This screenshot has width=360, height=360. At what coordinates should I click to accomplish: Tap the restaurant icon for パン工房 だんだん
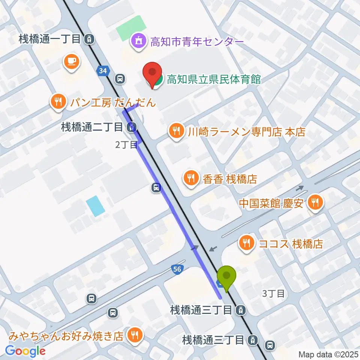tap(58, 101)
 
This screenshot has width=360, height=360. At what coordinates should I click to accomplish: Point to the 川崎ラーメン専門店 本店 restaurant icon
tap(175, 131)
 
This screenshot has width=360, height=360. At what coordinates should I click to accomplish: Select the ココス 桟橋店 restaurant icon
tap(246, 243)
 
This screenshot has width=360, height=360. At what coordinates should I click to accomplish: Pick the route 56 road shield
tap(177, 268)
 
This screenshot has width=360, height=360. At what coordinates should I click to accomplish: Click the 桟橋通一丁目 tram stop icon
tap(89, 38)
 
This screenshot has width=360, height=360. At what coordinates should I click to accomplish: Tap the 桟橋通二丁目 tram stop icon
tap(131, 127)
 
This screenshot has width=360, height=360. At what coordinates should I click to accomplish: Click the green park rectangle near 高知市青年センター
tap(130, 28)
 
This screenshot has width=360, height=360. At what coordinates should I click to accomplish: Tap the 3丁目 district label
tap(273, 294)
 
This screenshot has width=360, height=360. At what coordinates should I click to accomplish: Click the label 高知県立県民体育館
tap(214, 79)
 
